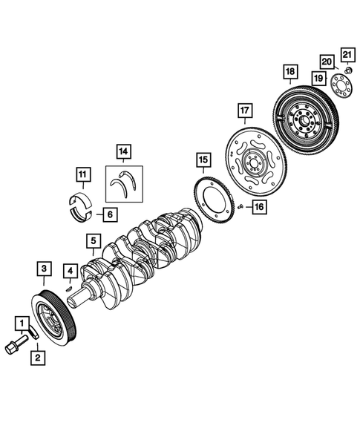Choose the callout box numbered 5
[x=92, y=240]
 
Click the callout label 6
[x=108, y=215]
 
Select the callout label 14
[x=122, y=154]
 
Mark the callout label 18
[x=289, y=71]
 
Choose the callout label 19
[x=317, y=78]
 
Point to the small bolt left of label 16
[x=240, y=207]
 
